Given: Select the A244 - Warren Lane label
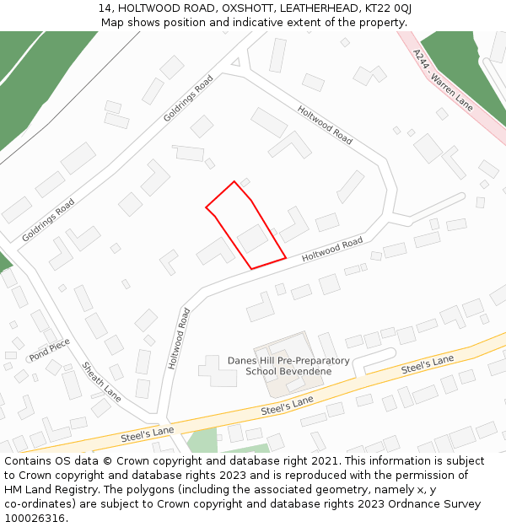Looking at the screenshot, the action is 443,81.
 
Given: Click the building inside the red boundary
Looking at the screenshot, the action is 252,239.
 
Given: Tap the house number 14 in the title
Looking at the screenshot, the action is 104,8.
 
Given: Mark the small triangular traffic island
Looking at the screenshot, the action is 235,62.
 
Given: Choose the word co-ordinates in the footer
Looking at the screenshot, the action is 39,504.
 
